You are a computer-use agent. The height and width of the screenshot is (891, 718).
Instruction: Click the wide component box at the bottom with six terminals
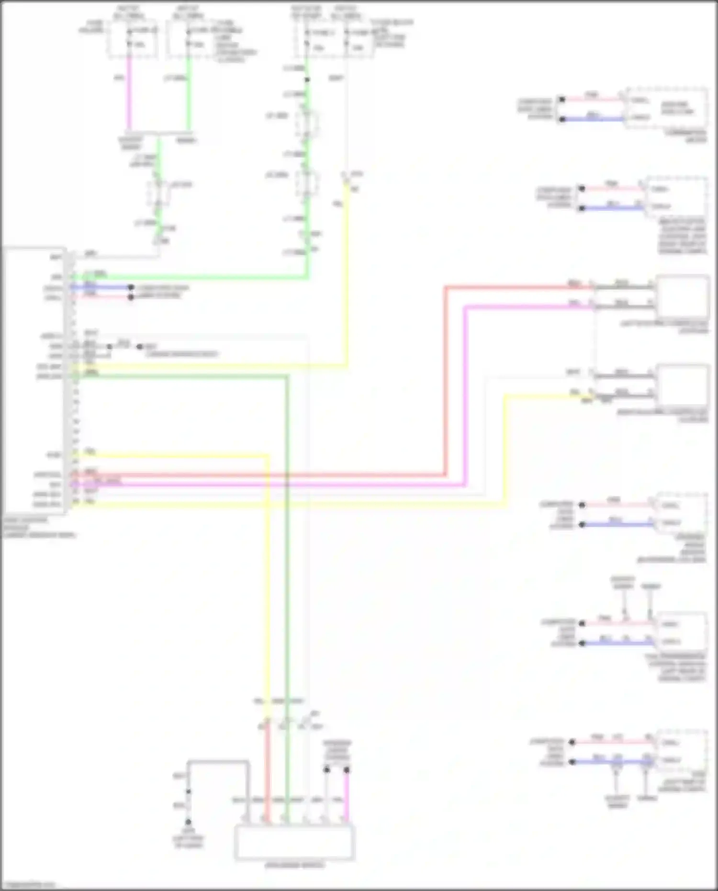click(294, 842)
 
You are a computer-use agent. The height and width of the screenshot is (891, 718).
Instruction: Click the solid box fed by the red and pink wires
click(683, 297)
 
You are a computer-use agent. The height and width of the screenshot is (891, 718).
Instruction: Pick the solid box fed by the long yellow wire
click(683, 387)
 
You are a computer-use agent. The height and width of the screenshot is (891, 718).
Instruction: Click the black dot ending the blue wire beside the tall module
click(130, 287)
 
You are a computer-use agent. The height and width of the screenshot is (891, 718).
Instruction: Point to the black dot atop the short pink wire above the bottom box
click(346, 770)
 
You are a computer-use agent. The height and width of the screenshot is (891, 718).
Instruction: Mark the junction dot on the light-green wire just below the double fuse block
click(307, 79)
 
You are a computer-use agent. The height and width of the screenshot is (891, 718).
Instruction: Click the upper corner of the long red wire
click(445, 287)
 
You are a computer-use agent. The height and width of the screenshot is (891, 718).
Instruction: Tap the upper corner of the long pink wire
click(465, 307)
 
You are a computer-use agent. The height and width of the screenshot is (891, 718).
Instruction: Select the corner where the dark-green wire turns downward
click(287, 377)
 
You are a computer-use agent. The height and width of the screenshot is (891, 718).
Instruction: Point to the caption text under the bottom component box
click(294, 865)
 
